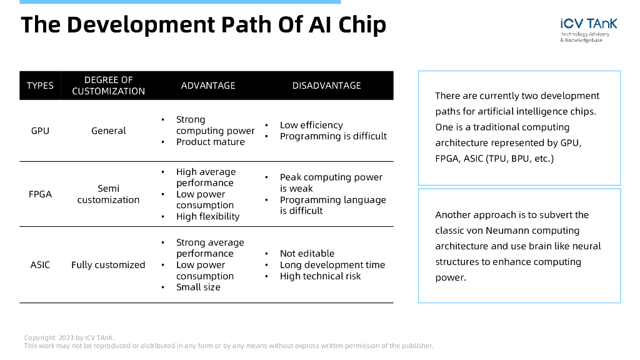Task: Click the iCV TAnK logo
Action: [588, 29]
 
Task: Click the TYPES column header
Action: [40, 86]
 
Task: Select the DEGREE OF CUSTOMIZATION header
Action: [108, 86]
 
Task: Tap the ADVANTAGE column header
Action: [208, 86]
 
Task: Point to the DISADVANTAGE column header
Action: [326, 86]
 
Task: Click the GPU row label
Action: [40, 131]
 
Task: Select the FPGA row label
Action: [40, 194]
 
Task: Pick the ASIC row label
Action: [40, 264]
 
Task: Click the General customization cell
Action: [109, 131]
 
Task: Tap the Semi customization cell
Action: [108, 194]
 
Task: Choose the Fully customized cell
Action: [108, 264]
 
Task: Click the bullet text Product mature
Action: [210, 142]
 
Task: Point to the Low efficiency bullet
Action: [311, 125]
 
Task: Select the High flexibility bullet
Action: [207, 216]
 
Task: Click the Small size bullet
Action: [198, 287]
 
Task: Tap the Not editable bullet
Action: [307, 253]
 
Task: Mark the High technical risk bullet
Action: [320, 276]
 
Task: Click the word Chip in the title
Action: [362, 25]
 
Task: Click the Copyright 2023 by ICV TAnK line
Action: [69, 338]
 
